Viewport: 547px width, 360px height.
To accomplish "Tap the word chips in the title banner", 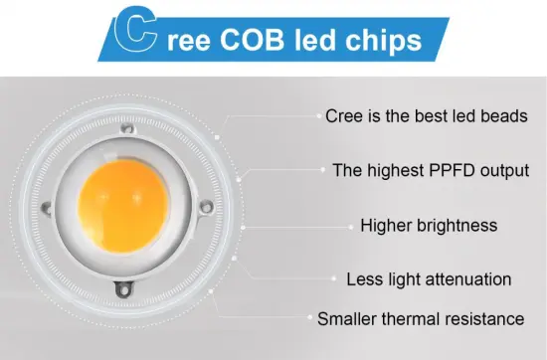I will pyautogui.click(x=378, y=43).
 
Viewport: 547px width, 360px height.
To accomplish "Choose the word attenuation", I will pyautogui.click(x=465, y=278).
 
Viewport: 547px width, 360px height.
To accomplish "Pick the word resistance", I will pyautogui.click(x=487, y=320).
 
